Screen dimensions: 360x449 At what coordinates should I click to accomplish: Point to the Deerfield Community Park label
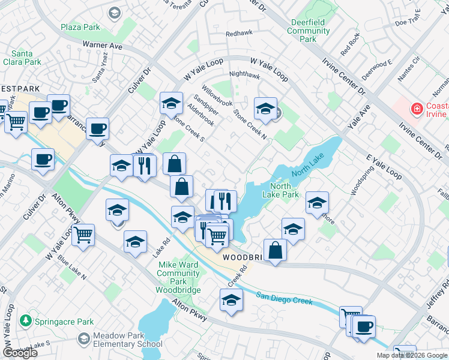[x=307, y=31]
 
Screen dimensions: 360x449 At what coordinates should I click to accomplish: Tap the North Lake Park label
[x=281, y=190]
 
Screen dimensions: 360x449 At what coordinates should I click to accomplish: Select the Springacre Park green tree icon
[x=25, y=320]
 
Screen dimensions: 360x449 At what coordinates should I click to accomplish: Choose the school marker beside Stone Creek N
[x=265, y=109]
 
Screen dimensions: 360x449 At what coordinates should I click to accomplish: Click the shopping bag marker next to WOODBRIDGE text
[x=275, y=251]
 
